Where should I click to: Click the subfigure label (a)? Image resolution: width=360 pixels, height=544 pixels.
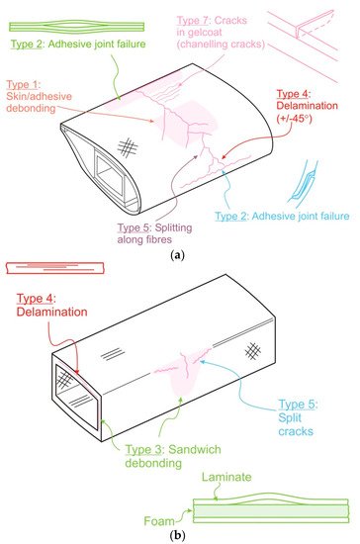[178, 256]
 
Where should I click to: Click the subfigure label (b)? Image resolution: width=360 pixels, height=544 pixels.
[178, 535]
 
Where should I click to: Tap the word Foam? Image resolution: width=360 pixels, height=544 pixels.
[159, 521]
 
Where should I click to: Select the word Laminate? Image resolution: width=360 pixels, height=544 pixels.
[226, 477]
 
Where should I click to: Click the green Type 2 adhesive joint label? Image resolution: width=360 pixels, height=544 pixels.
[78, 45]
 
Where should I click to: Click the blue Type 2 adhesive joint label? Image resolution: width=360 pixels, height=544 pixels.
[282, 217]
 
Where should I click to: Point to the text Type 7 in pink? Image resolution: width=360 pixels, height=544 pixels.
[192, 21]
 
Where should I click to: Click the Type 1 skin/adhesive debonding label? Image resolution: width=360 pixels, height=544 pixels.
[39, 97]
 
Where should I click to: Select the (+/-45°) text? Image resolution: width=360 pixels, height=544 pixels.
[294, 119]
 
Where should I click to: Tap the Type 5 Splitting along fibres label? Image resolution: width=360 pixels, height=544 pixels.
[154, 233]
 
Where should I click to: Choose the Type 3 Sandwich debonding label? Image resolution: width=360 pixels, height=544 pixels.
[173, 456]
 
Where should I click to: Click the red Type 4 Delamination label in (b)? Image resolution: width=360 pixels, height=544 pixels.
[51, 305]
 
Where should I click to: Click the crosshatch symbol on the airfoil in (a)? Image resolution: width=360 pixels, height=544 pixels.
[128, 147]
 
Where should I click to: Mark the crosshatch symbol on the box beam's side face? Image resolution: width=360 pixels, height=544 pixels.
[253, 351]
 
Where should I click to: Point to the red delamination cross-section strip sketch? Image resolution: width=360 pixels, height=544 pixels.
[55, 268]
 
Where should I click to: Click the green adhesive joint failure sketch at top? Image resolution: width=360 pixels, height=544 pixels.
[76, 27]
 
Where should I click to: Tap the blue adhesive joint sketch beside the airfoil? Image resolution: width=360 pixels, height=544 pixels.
[302, 181]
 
